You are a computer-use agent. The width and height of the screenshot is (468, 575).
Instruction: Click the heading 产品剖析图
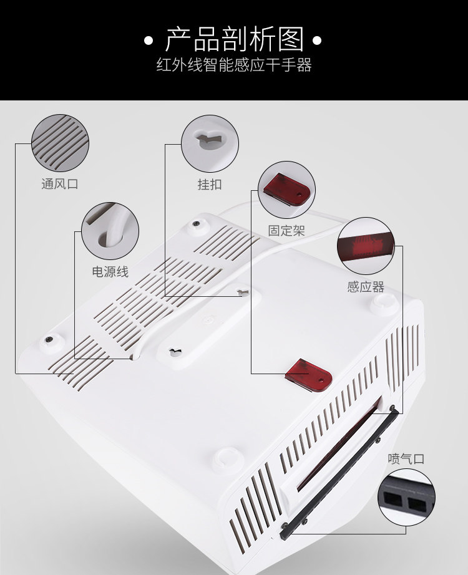234,39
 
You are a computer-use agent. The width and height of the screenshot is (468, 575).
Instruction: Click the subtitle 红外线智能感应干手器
234,65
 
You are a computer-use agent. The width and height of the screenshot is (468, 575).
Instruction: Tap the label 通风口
60,183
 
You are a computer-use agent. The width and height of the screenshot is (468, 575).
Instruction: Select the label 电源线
110,272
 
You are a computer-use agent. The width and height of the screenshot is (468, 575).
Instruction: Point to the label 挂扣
210,184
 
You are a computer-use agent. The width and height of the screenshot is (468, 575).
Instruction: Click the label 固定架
286,231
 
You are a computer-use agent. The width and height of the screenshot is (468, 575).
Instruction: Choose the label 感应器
366,286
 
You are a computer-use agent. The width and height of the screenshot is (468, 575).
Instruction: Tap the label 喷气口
406,459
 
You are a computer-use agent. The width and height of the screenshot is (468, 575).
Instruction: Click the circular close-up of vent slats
60,143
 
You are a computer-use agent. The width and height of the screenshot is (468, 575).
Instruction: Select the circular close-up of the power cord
110,231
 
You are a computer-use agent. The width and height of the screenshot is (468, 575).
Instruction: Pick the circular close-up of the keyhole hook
210,143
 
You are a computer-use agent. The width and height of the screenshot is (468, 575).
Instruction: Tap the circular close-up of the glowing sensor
366,246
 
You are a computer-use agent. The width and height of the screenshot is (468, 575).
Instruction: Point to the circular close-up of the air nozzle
406,497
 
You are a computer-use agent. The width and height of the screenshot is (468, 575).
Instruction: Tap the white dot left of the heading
149,41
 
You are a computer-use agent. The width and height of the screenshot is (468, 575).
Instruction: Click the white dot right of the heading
317,41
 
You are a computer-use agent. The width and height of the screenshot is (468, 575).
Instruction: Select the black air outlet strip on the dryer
339,475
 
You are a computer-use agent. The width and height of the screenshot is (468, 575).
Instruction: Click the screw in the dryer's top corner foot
197,223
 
